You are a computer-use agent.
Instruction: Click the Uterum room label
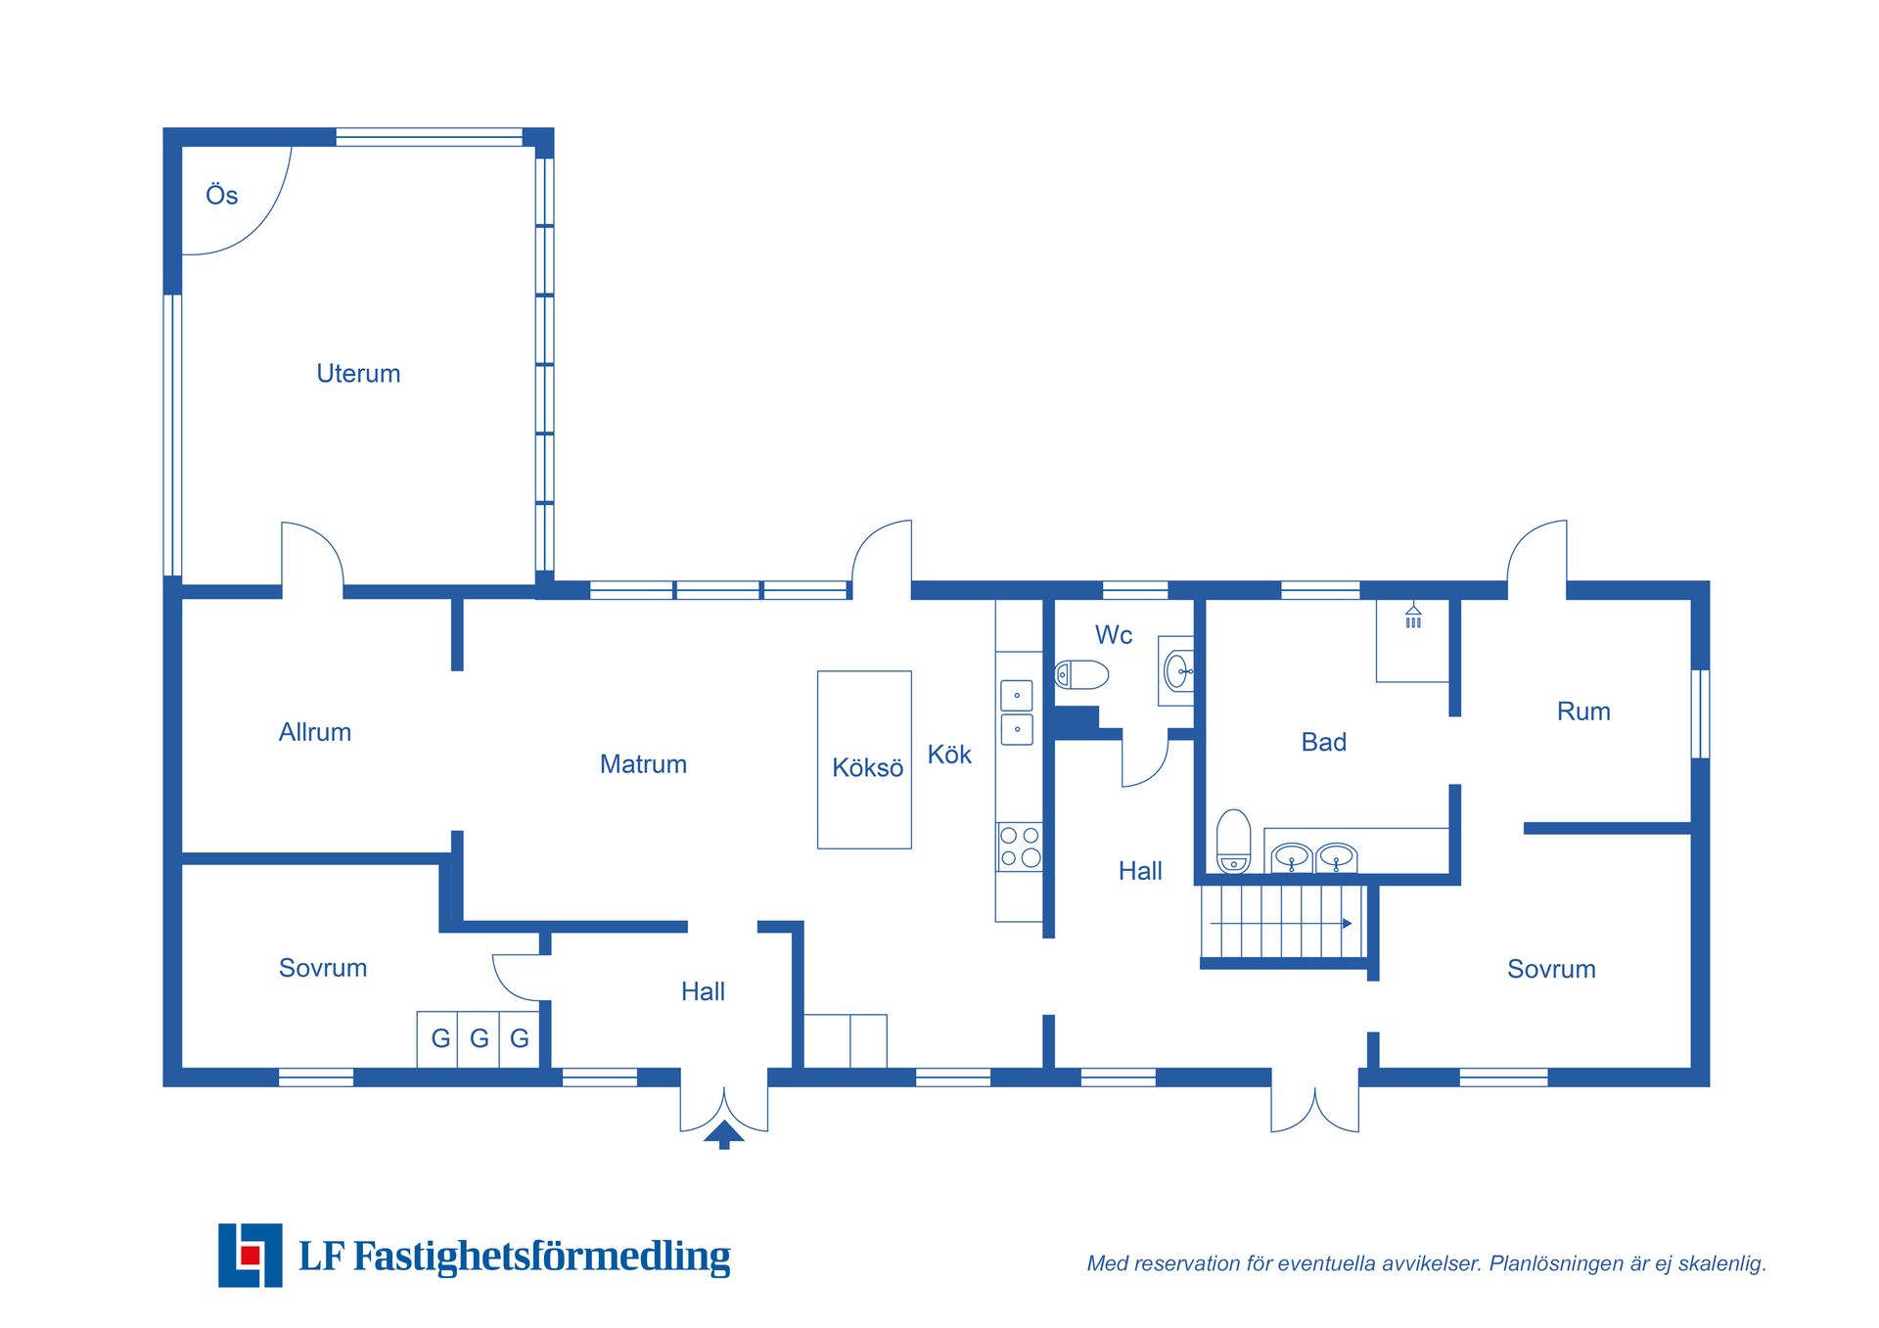tap(358, 374)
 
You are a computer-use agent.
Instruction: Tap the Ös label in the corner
tap(222, 195)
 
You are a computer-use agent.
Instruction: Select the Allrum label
tap(315, 732)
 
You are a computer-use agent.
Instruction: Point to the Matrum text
tap(643, 764)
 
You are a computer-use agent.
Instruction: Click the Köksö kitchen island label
tap(867, 767)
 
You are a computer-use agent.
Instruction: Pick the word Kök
tap(949, 755)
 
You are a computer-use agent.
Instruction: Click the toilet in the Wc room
tap(1081, 674)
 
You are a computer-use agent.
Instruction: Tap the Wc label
tap(1114, 635)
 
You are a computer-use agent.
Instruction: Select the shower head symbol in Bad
tap(1413, 617)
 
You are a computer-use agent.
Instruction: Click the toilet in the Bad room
tap(1233, 840)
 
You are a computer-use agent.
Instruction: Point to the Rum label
tap(1583, 711)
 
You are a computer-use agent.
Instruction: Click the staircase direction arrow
tap(1281, 923)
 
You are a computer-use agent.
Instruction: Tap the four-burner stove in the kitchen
tap(1019, 847)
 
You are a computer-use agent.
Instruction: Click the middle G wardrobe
tap(479, 1038)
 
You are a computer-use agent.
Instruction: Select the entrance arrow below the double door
tap(724, 1135)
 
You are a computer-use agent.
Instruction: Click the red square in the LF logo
tap(251, 1255)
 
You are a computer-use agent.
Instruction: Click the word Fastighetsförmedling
tap(541, 1256)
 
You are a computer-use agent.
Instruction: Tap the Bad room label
tap(1324, 742)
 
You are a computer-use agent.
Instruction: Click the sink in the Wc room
tap(1178, 671)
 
